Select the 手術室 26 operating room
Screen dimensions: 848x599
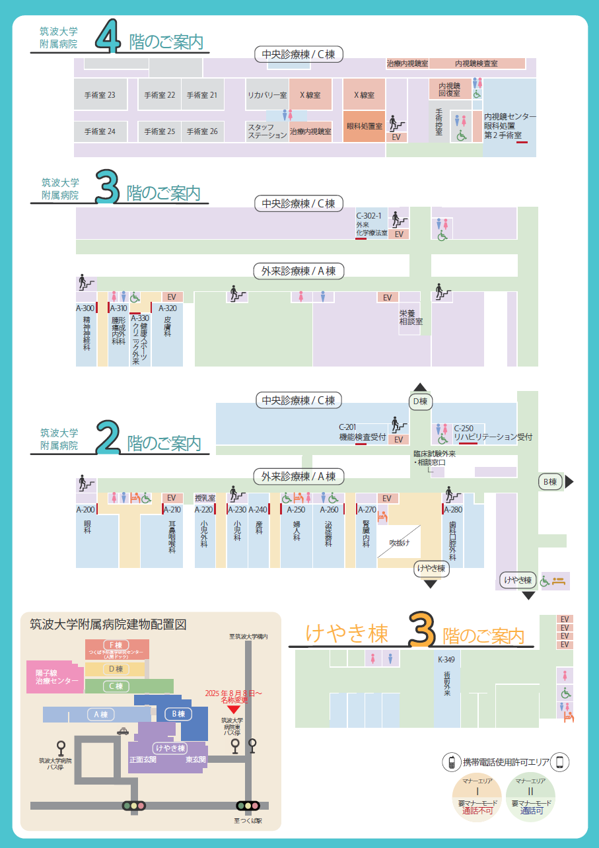[202, 131]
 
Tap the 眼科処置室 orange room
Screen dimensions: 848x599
[364, 126]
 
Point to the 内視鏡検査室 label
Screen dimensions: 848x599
[476, 64]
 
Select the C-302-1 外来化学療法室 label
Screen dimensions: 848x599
[372, 225]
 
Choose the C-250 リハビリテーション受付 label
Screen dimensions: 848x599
[493, 433]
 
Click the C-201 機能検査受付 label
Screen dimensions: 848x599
[362, 433]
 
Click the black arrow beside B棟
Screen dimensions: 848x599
[569, 482]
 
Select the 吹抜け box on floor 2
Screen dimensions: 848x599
[399, 544]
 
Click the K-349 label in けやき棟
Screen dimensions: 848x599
[446, 659]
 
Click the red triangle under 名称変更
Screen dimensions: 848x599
[233, 709]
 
